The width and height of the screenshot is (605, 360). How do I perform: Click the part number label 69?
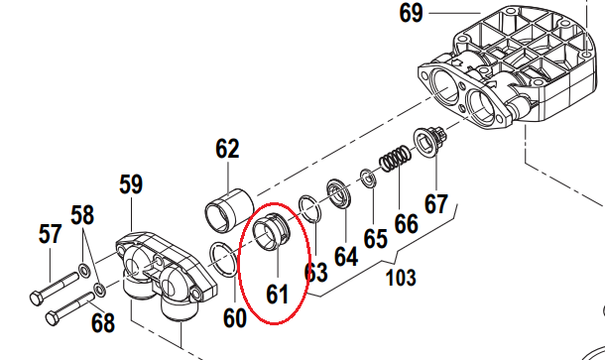[x=411, y=13]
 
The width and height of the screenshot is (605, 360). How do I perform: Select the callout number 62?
[x=227, y=149]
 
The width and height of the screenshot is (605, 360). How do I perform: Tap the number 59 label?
[x=131, y=184]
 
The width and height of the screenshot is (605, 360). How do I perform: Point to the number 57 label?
[x=51, y=234]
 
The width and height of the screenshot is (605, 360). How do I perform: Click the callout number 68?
[x=103, y=322]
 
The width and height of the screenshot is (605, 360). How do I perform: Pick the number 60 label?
[x=235, y=318]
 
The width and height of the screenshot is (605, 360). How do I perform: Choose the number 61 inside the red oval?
[x=277, y=295]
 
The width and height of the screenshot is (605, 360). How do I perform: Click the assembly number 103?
[x=402, y=278]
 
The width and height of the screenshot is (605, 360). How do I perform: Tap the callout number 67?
[x=436, y=203]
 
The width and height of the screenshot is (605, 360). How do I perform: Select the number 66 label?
[x=407, y=224]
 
